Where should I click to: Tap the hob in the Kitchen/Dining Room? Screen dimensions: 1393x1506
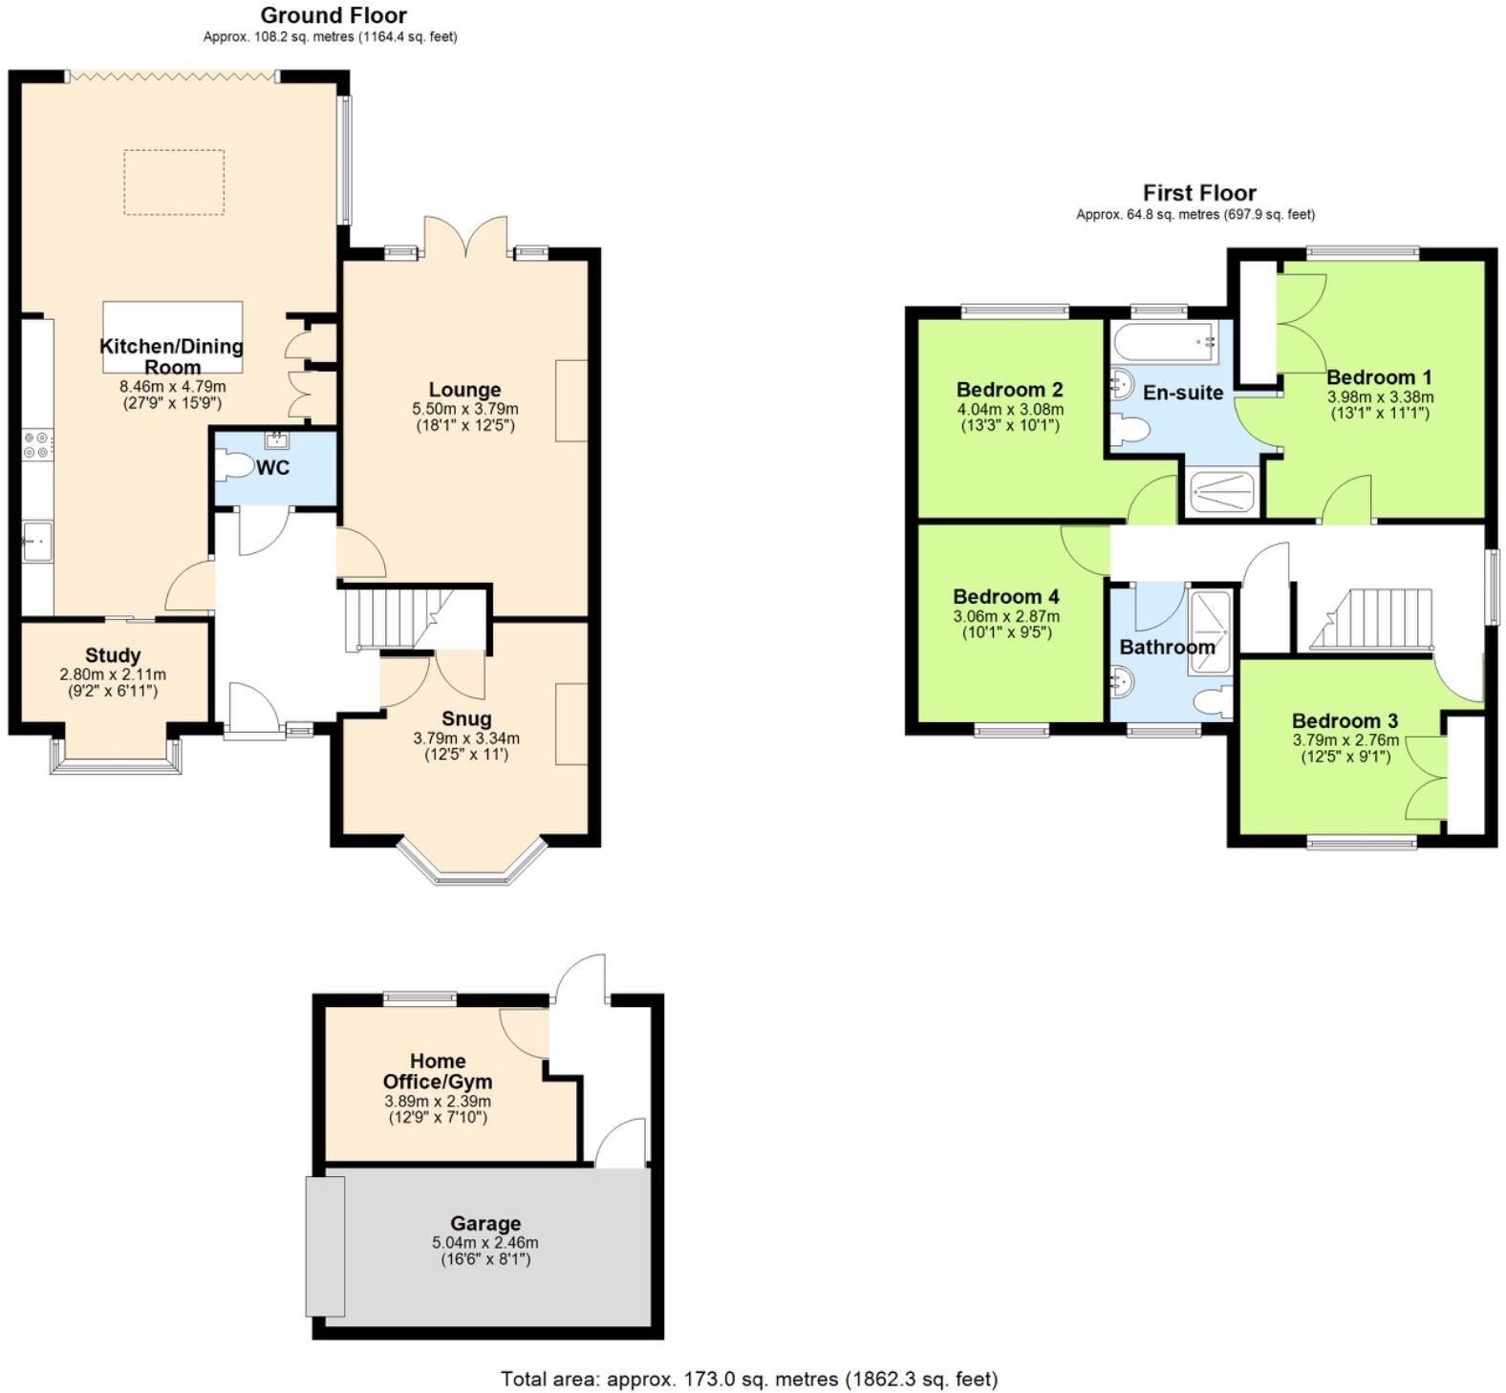pos(38,445)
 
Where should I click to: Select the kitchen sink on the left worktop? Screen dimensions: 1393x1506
pos(37,542)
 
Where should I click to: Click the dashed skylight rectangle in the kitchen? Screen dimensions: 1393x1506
pos(174,182)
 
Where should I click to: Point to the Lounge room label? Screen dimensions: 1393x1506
pos(464,390)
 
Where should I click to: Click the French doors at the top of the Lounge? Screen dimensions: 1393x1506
pos(465,237)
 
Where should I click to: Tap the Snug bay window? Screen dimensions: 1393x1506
pos(472,863)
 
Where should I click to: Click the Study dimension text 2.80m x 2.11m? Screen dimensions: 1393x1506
pos(113,674)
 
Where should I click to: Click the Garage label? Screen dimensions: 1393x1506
pos(485,1223)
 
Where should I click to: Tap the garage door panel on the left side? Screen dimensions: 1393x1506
pos(325,1246)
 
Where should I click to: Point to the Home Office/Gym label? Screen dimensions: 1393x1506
pos(438,1071)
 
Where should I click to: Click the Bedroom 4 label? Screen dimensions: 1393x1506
pos(1005,597)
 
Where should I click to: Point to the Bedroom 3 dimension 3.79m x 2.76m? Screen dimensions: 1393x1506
pos(1345,740)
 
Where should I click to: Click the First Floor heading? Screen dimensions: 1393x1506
pos(1198,193)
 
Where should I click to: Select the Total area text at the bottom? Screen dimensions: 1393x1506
pos(749,1379)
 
